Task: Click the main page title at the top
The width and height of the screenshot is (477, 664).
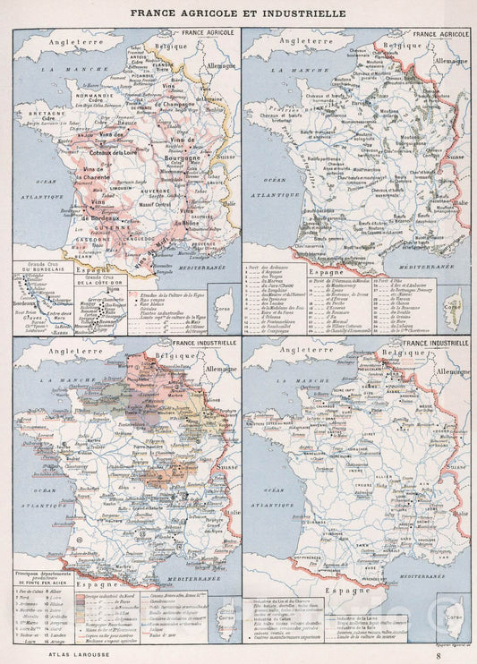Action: click(239, 13)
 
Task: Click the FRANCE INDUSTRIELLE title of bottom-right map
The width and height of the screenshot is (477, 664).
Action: click(438, 343)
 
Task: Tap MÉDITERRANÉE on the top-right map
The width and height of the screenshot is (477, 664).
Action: click(407, 267)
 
